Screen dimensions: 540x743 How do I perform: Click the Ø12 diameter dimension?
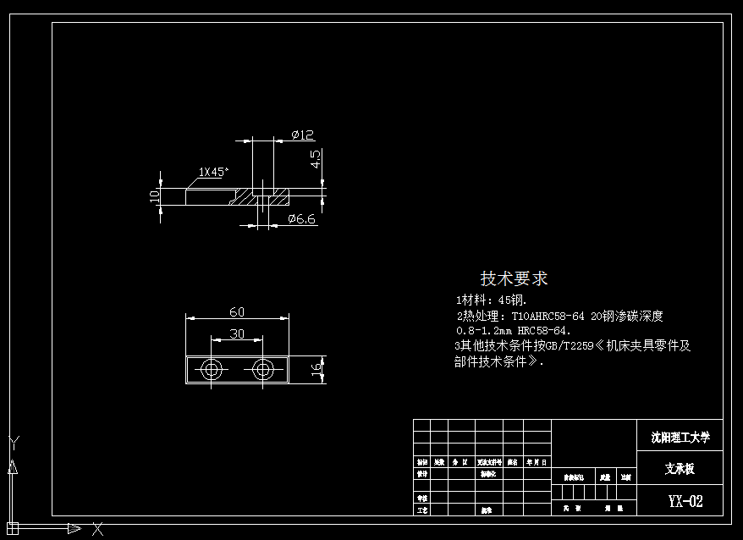(302, 135)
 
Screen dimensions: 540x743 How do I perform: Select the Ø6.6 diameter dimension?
(301, 219)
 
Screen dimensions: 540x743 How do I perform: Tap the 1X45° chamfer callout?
(213, 172)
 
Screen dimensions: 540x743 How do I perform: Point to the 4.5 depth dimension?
(315, 159)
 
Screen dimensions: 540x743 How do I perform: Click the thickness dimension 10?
(154, 196)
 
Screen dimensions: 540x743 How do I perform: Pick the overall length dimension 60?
(237, 311)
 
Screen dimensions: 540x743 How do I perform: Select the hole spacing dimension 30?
(237, 333)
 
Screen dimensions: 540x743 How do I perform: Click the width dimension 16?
(315, 370)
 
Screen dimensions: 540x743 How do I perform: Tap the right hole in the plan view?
(263, 370)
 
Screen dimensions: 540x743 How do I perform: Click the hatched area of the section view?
(245, 197)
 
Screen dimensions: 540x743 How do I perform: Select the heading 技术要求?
(514, 278)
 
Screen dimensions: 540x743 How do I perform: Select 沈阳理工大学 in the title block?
(680, 438)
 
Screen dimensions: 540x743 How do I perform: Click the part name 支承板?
(680, 469)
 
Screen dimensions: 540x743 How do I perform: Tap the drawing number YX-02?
(685, 501)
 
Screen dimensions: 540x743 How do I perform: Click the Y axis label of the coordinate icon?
(13, 442)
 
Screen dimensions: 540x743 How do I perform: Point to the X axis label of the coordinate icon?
(98, 529)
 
